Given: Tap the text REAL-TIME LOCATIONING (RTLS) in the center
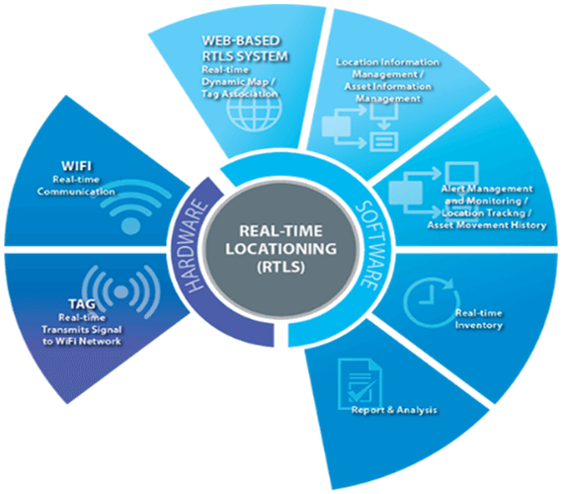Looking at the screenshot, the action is [x=281, y=249].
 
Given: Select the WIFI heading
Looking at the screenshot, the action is [x=76, y=166].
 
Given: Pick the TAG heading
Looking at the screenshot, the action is [x=82, y=304].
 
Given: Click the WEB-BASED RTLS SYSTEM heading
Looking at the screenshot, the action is [x=245, y=48].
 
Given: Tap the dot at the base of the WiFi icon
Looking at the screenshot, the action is [x=130, y=226].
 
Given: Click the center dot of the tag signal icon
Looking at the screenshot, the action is [x=120, y=291].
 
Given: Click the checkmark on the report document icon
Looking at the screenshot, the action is [x=361, y=391].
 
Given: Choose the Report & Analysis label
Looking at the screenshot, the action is [x=394, y=410].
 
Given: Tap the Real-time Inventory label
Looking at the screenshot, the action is [x=478, y=319].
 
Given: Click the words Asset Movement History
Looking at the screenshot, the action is [x=487, y=225].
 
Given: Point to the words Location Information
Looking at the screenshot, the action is [x=387, y=62].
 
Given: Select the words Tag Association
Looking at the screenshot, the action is [x=239, y=94].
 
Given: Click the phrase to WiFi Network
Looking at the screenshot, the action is [x=82, y=341].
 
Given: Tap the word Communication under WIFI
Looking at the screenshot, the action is [x=76, y=192].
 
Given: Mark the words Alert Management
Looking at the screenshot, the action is [x=487, y=189].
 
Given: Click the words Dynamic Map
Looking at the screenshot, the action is [x=235, y=82].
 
